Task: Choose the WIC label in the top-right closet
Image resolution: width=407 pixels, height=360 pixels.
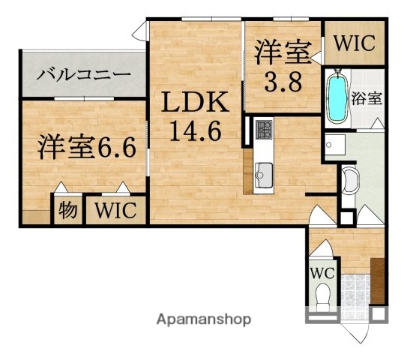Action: (354, 43)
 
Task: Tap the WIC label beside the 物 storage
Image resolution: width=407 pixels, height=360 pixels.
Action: (115, 211)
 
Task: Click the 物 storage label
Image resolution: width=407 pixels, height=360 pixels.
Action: (67, 211)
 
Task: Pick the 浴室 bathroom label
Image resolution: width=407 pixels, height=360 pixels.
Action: (367, 98)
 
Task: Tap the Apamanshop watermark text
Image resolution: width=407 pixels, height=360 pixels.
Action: (204, 319)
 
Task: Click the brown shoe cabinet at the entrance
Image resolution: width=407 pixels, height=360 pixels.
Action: (376, 278)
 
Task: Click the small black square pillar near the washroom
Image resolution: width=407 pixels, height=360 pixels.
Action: (346, 217)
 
